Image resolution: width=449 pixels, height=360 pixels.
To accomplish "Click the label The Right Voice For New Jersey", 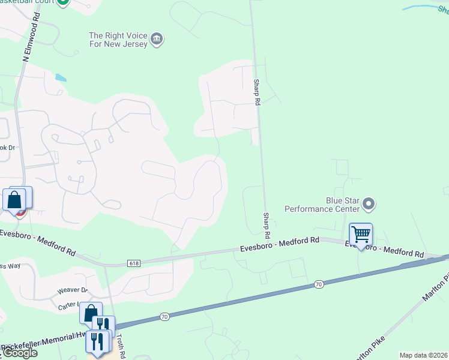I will click(x=118, y=40).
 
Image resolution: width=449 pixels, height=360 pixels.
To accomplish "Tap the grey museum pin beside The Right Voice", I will click(x=157, y=39).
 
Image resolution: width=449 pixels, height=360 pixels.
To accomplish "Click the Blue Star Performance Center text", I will click(x=321, y=205).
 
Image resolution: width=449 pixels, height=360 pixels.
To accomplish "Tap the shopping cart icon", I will click(x=361, y=234).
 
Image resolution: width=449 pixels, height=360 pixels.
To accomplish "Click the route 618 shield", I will click(x=134, y=263).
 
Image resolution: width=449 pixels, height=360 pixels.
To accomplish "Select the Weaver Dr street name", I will click(x=73, y=290).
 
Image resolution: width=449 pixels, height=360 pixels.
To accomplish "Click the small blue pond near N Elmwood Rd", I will click(x=61, y=77).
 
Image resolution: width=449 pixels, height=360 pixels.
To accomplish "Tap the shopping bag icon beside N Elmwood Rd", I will click(x=14, y=199).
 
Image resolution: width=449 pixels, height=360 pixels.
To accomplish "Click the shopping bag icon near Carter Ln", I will click(x=90, y=313).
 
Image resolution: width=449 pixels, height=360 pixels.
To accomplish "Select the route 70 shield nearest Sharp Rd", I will click(x=318, y=283).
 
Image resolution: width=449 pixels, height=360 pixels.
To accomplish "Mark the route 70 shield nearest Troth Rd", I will click(x=164, y=315).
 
